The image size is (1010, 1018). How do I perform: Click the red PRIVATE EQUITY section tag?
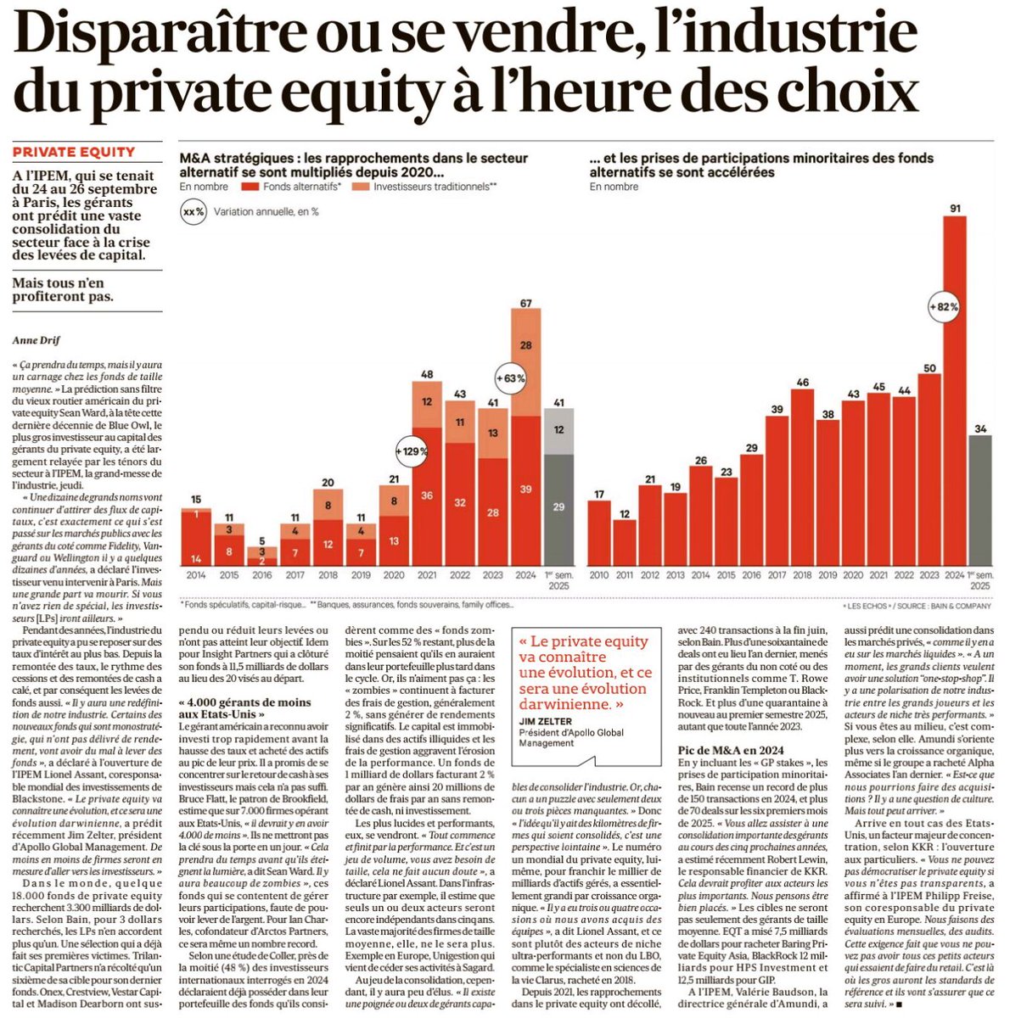(x=74, y=152)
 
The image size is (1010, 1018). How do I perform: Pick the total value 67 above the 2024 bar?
(x=525, y=303)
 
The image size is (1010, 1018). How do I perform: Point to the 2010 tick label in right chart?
(x=600, y=575)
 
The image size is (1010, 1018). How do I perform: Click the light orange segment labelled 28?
(x=525, y=345)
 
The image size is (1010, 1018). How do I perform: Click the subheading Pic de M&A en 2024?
(x=732, y=749)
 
